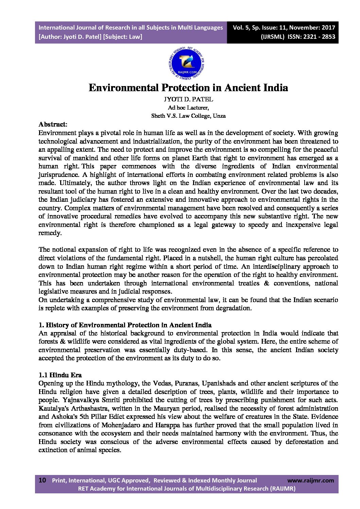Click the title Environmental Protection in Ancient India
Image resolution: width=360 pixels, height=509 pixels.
[x=188, y=88]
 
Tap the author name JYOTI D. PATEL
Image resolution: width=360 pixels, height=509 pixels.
[x=188, y=99]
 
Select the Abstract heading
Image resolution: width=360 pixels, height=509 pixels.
[x=52, y=124]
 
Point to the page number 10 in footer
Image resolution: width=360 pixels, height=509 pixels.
[x=42, y=480]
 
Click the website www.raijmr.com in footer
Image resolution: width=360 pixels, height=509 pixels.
[x=310, y=480]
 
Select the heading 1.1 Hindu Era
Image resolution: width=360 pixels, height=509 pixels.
[x=60, y=375]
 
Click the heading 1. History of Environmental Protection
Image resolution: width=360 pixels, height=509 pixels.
[x=125, y=325]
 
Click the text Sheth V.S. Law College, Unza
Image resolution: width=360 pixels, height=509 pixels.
[x=188, y=116]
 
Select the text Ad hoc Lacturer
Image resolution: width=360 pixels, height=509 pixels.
[x=188, y=108]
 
